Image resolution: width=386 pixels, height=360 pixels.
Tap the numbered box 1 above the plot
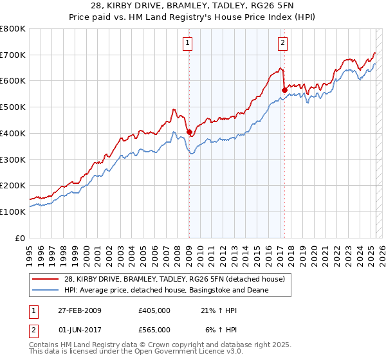(x=188, y=44)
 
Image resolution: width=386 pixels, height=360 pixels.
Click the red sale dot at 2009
(x=189, y=132)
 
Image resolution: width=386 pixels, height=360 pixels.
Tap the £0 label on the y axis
(x=20, y=238)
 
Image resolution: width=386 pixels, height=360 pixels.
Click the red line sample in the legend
(x=46, y=278)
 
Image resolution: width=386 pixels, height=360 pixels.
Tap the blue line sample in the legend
(x=46, y=290)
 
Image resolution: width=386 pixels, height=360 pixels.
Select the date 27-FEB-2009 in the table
(x=78, y=311)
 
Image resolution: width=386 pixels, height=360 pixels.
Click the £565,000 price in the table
(x=154, y=329)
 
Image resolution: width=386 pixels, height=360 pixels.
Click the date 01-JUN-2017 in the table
(x=78, y=329)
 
